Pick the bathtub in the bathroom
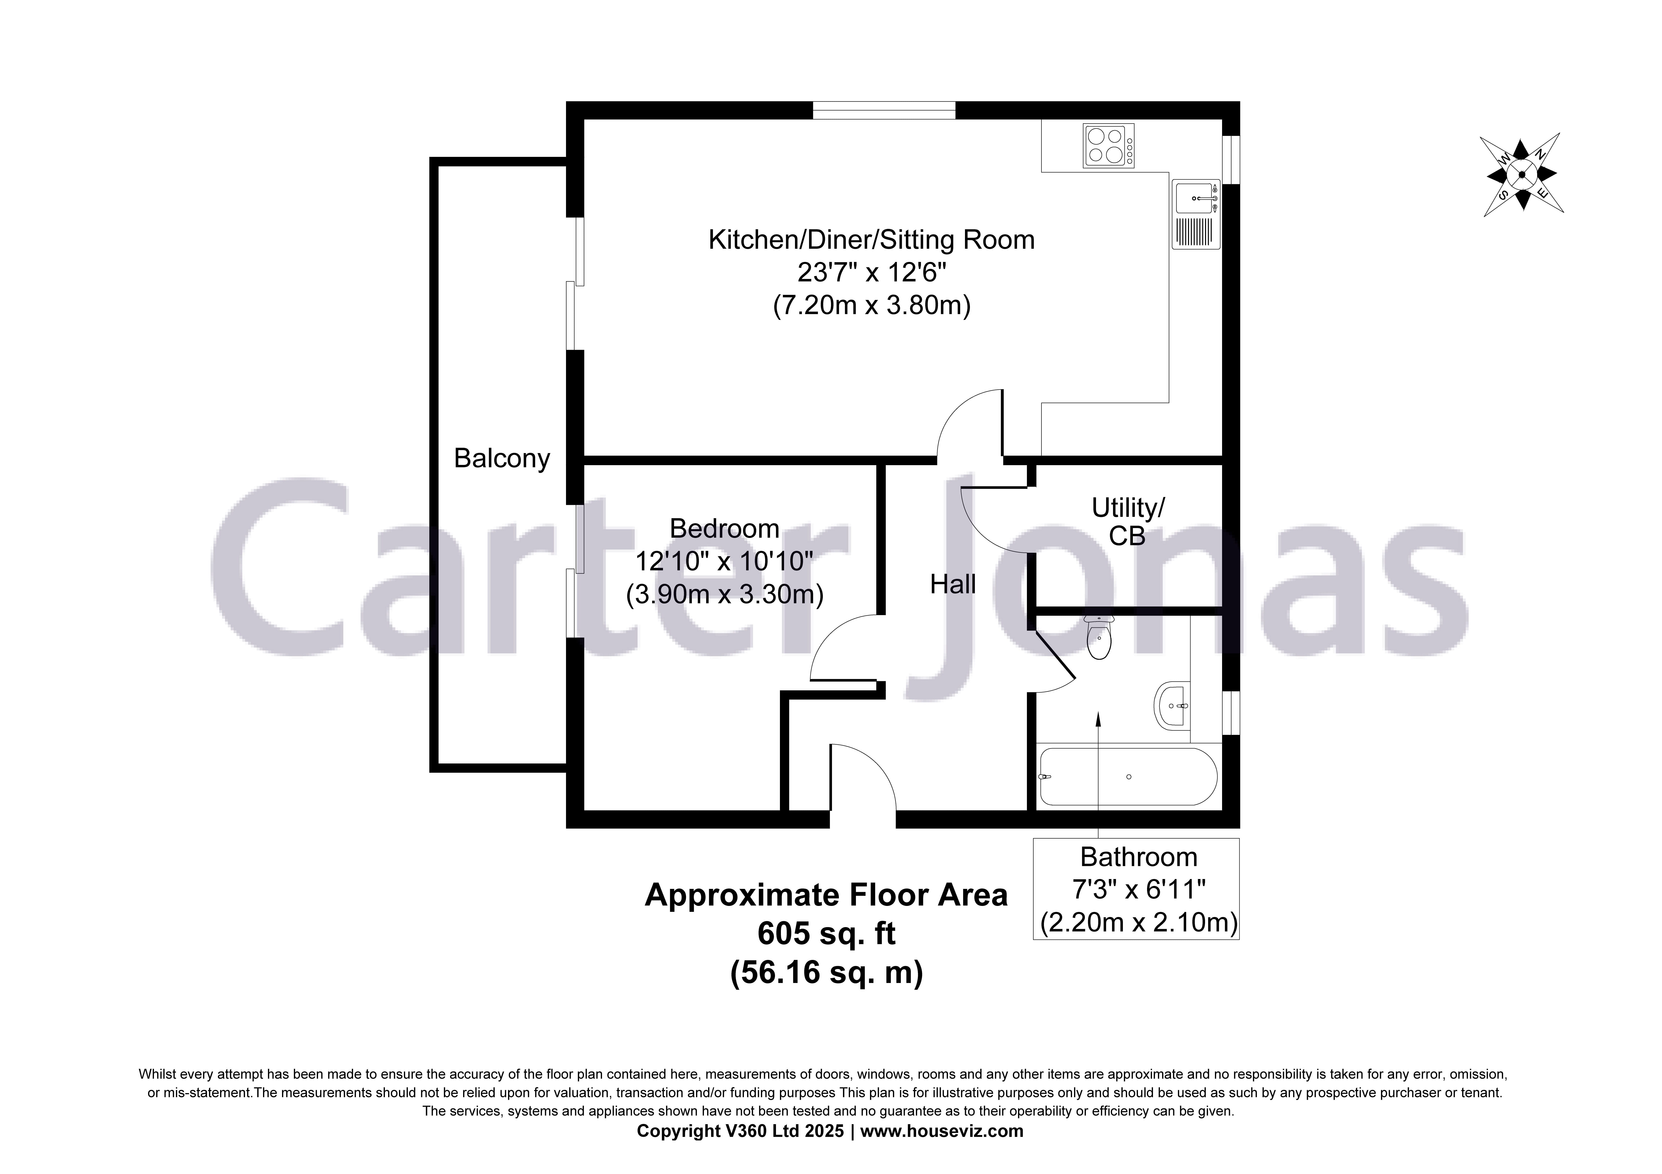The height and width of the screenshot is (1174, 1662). (1128, 777)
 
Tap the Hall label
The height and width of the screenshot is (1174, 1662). (953, 584)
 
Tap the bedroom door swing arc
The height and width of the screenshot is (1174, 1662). (836, 641)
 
